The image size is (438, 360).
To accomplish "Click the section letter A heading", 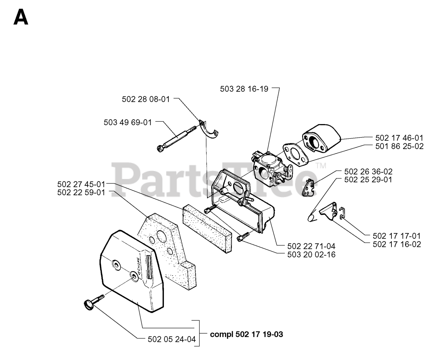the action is [x=21, y=17].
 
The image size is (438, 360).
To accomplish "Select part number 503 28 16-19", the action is [x=244, y=89].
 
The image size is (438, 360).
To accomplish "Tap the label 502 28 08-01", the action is [x=146, y=99].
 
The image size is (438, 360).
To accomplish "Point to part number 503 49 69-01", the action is [x=128, y=122].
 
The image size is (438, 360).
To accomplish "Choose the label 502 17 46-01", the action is [x=399, y=138].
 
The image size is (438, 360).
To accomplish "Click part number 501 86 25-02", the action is [x=399, y=146].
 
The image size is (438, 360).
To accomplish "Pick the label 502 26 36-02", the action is [x=368, y=172].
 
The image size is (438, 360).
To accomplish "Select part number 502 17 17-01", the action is [x=397, y=236].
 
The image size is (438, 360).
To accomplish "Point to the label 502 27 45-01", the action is [x=81, y=184].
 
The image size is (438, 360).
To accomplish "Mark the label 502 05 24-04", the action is [x=172, y=339].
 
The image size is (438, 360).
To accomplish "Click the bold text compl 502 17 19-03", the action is [x=246, y=334].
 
